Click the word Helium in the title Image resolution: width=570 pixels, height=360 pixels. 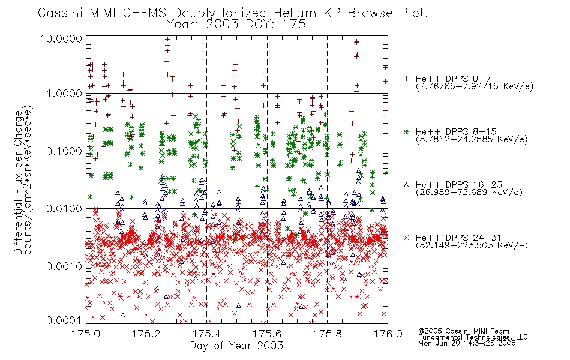pyautogui.click(x=295, y=13)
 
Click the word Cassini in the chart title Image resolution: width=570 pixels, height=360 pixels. pyautogui.click(x=61, y=13)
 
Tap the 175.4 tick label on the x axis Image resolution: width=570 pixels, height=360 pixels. pyautogui.click(x=206, y=334)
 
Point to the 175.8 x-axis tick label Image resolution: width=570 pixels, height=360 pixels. pyautogui.click(x=327, y=334)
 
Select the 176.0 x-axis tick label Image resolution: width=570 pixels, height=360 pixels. pyautogui.click(x=388, y=334)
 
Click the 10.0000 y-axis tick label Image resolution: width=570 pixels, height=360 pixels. pyautogui.click(x=61, y=38)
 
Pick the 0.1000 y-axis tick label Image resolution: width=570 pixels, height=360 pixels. pyautogui.click(x=64, y=151)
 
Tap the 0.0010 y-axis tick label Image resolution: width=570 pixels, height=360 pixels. pyautogui.click(x=64, y=266)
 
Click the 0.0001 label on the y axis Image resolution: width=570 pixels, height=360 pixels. pyautogui.click(x=64, y=320)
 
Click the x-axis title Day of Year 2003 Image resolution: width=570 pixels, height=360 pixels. pyautogui.click(x=236, y=346)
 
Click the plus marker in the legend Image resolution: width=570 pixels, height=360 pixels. pyautogui.click(x=406, y=79)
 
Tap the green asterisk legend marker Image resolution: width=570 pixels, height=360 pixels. pyautogui.click(x=406, y=131)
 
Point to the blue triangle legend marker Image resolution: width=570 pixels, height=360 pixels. pyautogui.click(x=406, y=185)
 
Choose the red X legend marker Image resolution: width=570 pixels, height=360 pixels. pyautogui.click(x=406, y=238)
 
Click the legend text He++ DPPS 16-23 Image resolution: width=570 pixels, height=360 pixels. pyautogui.click(x=459, y=185)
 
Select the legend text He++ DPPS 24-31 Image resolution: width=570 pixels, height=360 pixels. pyautogui.click(x=459, y=238)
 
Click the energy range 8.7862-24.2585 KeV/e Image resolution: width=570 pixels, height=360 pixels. pyautogui.click(x=472, y=139)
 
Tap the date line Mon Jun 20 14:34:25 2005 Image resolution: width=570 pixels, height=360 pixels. pyautogui.click(x=467, y=343)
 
